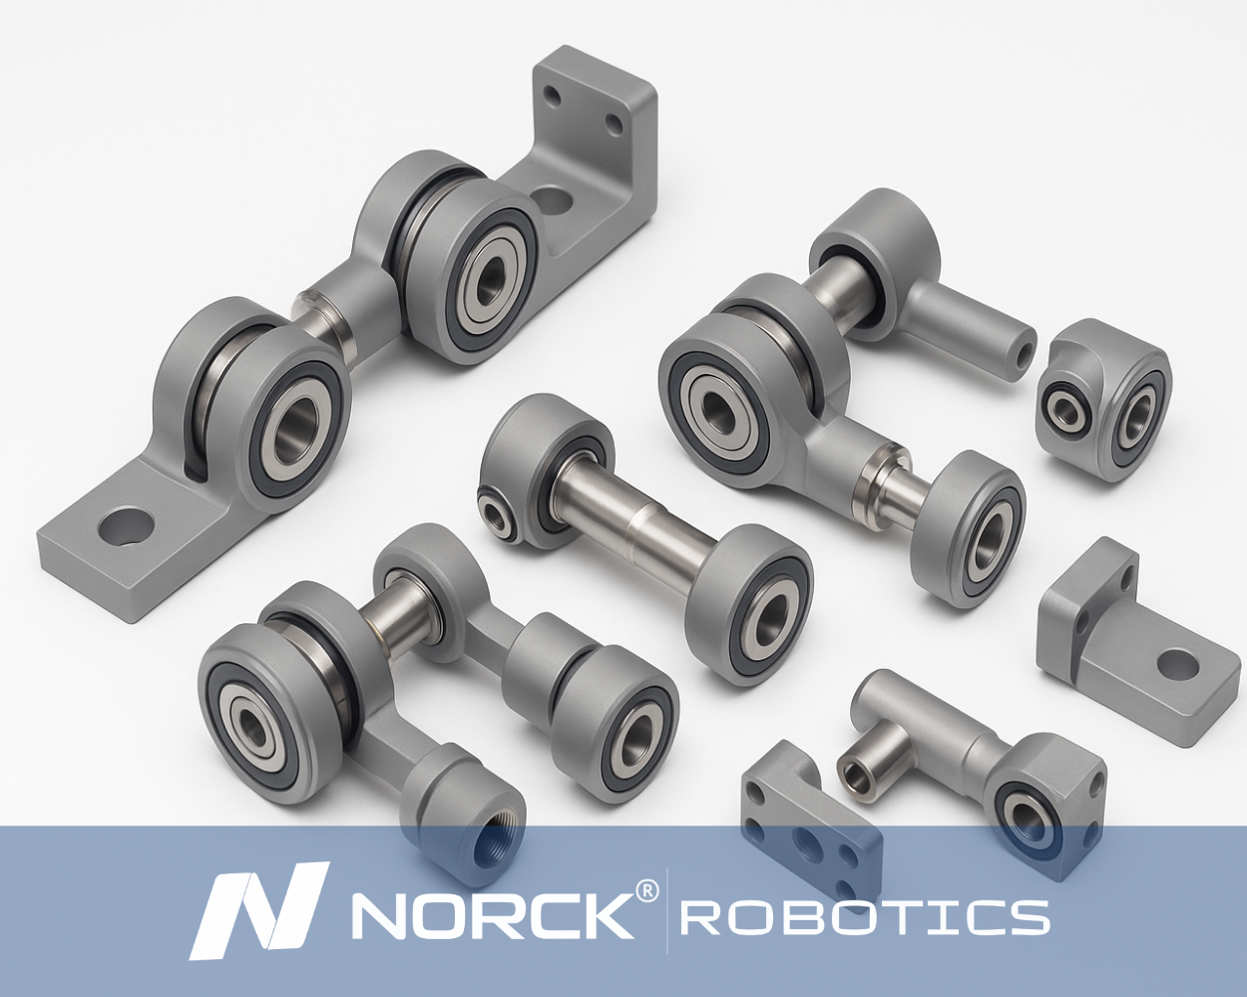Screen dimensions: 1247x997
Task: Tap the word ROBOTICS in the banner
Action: point(865,917)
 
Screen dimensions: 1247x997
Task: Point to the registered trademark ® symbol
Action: point(646,892)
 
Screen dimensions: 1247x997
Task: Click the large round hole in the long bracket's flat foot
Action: point(127,526)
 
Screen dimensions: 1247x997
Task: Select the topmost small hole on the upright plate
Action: point(554,95)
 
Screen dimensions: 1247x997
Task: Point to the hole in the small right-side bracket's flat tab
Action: point(1177,665)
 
